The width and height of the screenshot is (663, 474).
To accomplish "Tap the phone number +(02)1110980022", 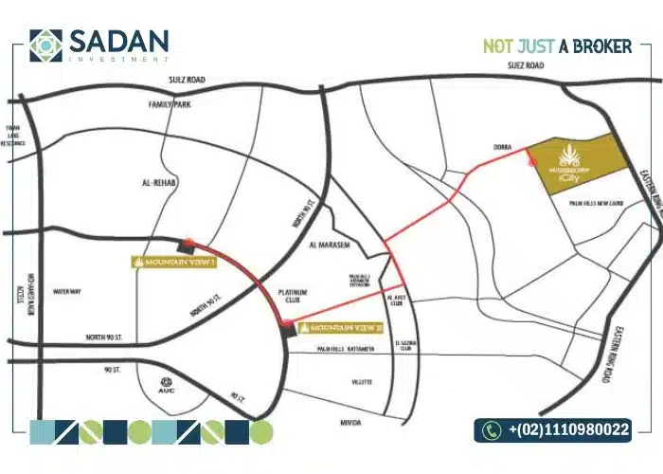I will click(x=568, y=430).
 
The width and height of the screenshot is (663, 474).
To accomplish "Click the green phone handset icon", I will click(x=491, y=430).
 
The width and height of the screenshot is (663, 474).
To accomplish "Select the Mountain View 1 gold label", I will click(x=175, y=262).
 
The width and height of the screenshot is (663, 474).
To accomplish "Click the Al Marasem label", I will click(x=330, y=245).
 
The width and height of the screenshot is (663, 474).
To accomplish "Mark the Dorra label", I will click(x=502, y=147).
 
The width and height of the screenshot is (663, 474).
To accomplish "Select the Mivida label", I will click(x=351, y=422).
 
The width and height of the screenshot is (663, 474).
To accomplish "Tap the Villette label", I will click(x=363, y=382).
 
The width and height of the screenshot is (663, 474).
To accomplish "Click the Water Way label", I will click(x=66, y=291).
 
